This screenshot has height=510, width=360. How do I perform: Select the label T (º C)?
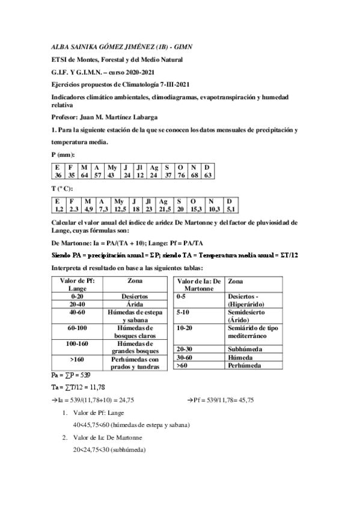(64, 189)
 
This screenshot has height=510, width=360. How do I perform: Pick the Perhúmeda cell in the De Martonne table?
(245, 365)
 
